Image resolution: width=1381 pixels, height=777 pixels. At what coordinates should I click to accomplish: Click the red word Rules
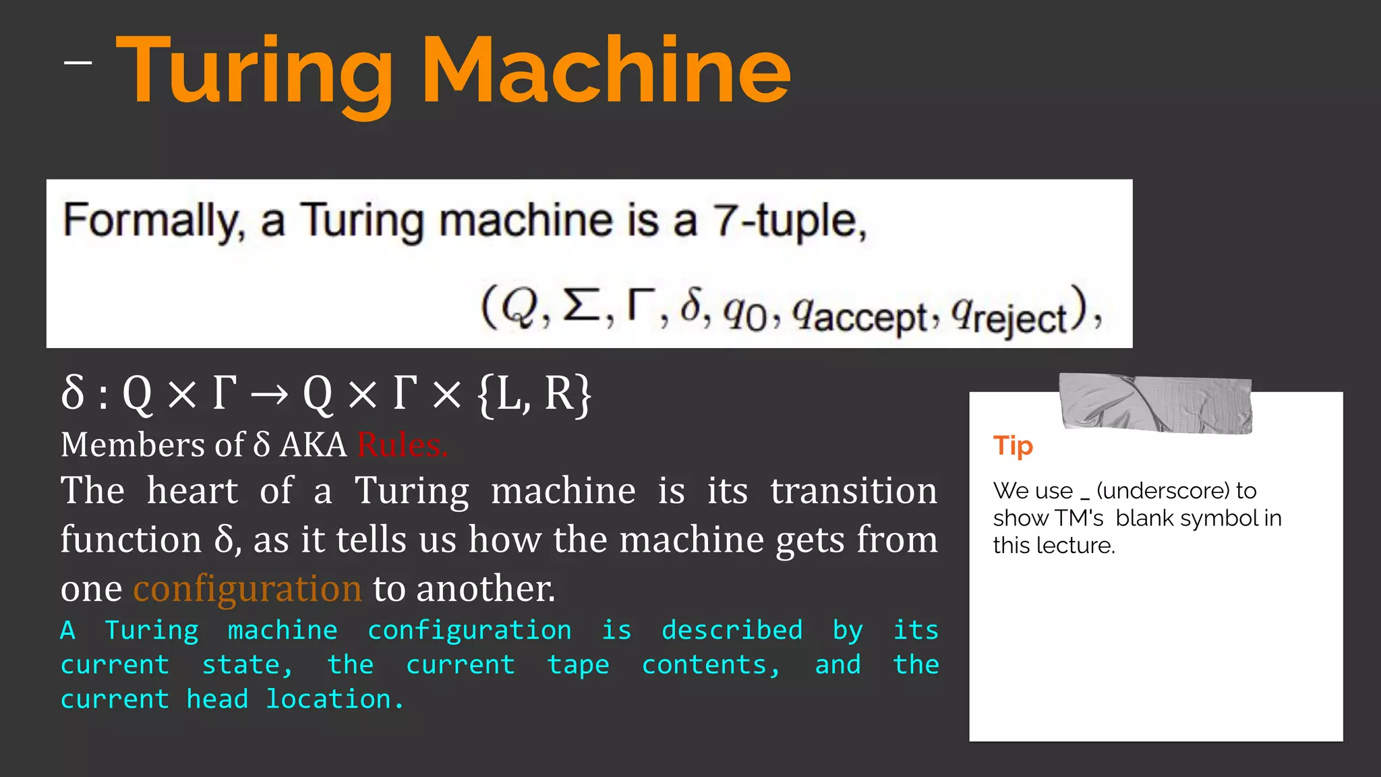(x=402, y=445)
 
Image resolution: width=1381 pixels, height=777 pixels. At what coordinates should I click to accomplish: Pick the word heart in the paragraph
(x=192, y=490)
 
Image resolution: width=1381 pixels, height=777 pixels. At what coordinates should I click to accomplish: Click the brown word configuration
(x=247, y=588)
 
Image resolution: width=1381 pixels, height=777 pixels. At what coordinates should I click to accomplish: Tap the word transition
(x=853, y=490)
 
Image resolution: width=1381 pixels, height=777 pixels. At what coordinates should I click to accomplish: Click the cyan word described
(x=732, y=630)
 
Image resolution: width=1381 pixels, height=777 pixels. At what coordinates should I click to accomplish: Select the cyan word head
(x=217, y=699)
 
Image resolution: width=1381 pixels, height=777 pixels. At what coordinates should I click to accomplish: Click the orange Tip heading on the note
(x=1013, y=446)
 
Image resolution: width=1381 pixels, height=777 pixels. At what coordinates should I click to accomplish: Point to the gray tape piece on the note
(x=1155, y=403)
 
